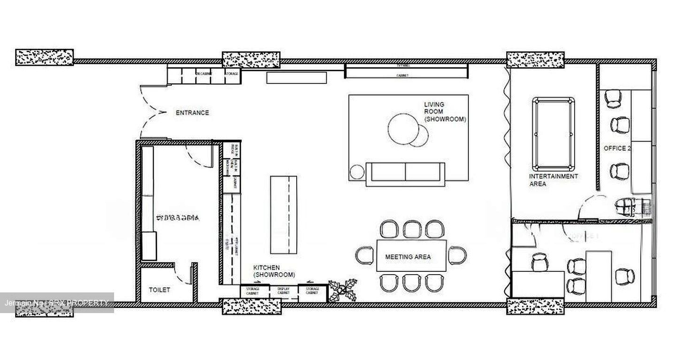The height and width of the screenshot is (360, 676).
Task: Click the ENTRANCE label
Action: [192, 113]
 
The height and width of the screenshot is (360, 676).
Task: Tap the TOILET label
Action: [160, 290]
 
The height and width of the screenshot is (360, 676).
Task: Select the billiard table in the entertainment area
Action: [553, 134]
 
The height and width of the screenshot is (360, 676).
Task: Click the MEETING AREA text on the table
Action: [407, 257]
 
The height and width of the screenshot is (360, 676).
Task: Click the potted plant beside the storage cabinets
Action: [343, 290]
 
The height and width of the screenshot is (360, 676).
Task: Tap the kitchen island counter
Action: [283, 214]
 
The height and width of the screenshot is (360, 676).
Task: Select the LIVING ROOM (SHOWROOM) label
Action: [445, 112]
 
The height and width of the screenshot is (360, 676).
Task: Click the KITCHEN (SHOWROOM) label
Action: [274, 271]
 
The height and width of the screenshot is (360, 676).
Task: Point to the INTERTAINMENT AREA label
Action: [553, 180]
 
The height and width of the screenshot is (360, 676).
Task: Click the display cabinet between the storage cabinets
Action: [284, 291]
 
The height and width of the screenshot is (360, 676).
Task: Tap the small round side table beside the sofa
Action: [357, 172]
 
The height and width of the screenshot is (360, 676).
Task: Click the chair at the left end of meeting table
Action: [365, 255]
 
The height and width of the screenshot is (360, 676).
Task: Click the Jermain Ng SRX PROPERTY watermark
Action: [57, 303]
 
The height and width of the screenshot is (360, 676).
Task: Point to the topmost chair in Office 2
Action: [613, 99]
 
